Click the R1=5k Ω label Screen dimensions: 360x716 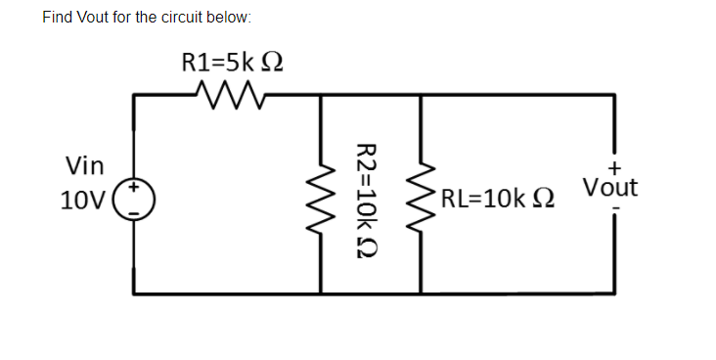[233, 62]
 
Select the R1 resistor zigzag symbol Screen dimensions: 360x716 [225, 95]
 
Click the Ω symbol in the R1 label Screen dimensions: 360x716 [273, 62]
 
